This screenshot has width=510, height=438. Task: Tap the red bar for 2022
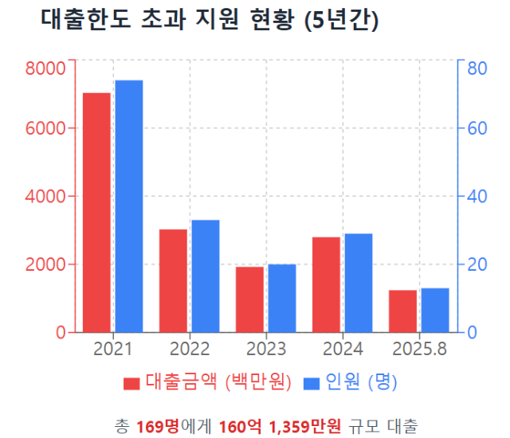point(173,280)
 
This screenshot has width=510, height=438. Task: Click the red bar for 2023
point(249,299)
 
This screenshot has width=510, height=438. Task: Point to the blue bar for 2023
point(282,298)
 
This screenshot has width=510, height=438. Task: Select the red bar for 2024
point(326,284)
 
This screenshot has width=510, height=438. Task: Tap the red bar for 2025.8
point(402,311)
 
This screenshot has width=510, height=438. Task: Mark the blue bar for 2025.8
point(435,310)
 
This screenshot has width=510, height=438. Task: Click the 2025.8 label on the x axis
point(419,349)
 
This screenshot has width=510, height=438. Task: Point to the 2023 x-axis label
point(266,349)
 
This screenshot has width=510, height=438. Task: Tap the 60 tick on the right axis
point(476,128)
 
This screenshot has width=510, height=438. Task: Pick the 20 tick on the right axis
point(476,264)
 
